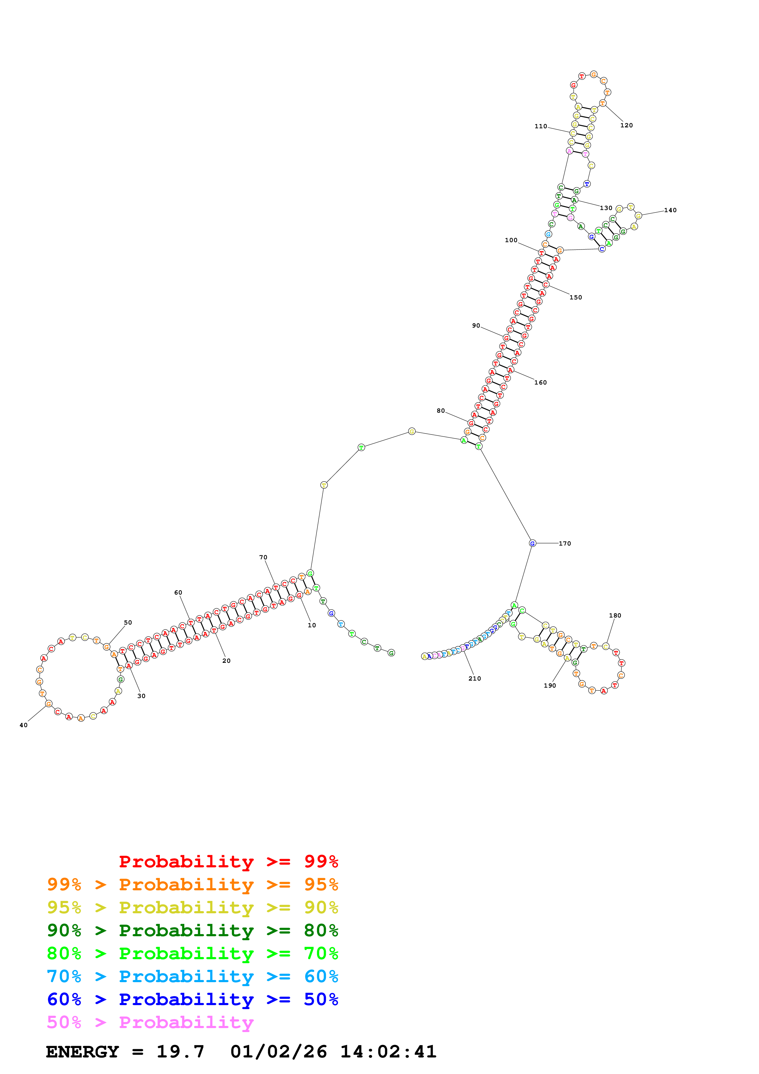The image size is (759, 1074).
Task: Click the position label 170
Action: coord(565,543)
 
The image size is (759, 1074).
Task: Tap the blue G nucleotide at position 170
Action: coord(532,543)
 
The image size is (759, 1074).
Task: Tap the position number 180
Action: coord(615,616)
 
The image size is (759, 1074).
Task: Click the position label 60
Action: coord(178,593)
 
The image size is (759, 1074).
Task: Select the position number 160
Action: coord(541,383)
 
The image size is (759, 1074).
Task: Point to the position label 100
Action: coord(511,240)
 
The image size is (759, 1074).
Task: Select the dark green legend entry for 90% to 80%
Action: coord(192,930)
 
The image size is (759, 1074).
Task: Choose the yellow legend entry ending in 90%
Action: coord(192,907)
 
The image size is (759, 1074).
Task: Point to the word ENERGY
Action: coord(82,1052)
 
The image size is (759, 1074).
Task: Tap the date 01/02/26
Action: coord(278,1052)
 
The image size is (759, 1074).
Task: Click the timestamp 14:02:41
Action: coord(388,1052)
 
